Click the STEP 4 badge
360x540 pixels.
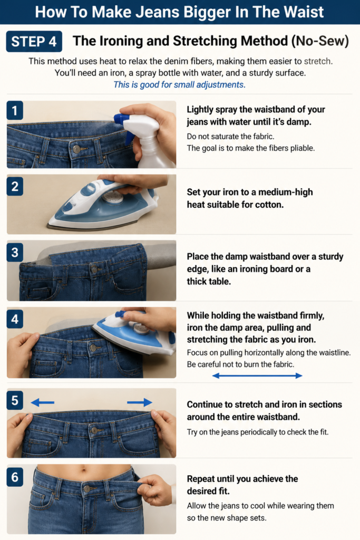click(x=34, y=42)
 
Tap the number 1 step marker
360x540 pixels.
click(x=15, y=110)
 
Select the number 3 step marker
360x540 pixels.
click(x=15, y=253)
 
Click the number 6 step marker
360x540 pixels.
click(x=15, y=477)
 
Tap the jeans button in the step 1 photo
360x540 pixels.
click(x=76, y=149)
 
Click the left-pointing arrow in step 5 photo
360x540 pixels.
click(x=42, y=402)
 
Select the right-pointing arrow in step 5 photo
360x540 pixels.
click(x=140, y=402)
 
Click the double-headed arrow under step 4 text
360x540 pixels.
click(x=257, y=375)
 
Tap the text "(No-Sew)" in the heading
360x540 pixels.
click(x=320, y=41)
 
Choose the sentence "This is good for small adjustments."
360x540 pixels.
click(x=179, y=85)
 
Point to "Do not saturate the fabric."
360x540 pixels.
click(x=230, y=137)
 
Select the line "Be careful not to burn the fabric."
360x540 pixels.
click(x=240, y=364)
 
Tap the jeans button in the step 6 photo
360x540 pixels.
click(x=87, y=489)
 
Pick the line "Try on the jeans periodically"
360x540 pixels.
click(x=258, y=432)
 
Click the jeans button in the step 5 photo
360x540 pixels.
click(x=94, y=430)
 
